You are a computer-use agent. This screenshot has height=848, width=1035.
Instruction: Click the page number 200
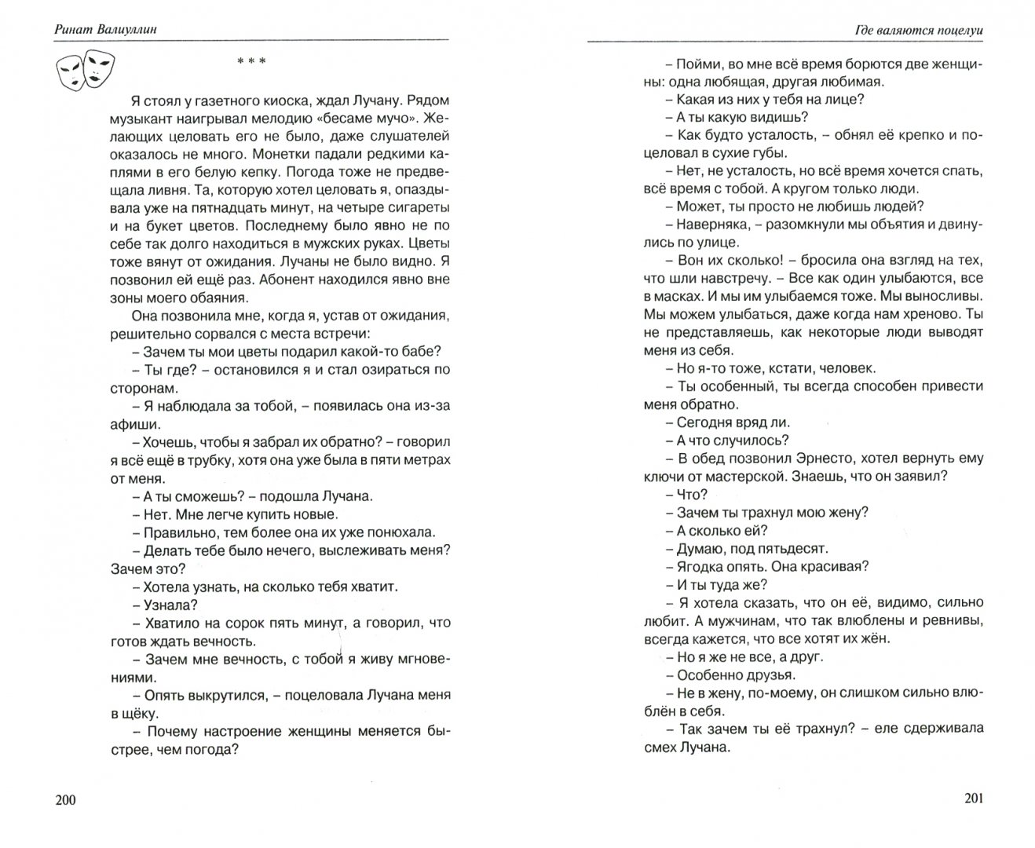[x=66, y=799]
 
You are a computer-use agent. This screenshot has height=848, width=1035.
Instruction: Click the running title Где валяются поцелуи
[x=920, y=31]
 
